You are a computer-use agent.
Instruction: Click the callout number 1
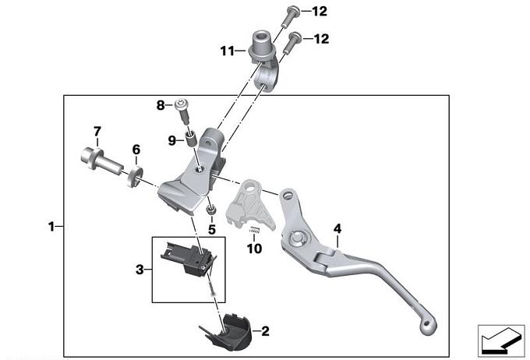click(51, 227)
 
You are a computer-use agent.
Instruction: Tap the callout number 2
click(265, 331)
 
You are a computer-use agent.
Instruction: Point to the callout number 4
click(337, 228)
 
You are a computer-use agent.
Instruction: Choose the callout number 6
click(135, 149)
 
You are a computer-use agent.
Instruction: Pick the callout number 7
click(97, 130)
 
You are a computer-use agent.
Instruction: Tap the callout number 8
click(160, 104)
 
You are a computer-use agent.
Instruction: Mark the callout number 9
click(171, 140)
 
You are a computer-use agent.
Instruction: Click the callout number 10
click(251, 249)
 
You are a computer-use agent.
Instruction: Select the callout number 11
click(227, 51)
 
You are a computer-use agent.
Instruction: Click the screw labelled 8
click(184, 110)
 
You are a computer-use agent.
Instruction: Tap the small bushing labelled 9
click(188, 141)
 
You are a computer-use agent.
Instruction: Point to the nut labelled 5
click(210, 211)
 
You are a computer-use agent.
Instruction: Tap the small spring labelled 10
click(253, 230)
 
